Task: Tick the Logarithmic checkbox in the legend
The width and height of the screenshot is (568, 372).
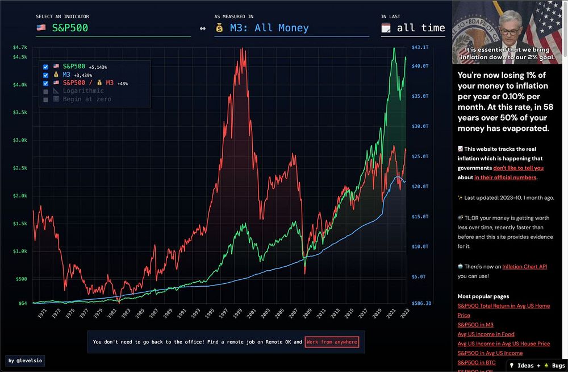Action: coord(46,91)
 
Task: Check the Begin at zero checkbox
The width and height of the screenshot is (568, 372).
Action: coord(46,100)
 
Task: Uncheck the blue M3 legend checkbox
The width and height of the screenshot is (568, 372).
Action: coord(46,75)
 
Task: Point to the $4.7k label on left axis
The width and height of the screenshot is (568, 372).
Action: coord(19,47)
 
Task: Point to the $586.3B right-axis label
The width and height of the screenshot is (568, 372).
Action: coord(421,303)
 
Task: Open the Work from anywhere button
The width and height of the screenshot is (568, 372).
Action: coord(332,342)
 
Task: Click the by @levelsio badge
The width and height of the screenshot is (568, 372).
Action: coord(26,361)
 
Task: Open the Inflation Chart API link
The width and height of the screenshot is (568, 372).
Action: coord(524,266)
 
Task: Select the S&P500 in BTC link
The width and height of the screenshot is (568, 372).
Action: coord(476,362)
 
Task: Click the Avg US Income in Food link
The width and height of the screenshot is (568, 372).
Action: coord(486,334)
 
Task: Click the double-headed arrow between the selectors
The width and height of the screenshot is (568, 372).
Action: coord(203,28)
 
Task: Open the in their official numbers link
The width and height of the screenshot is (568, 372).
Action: coord(505,177)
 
